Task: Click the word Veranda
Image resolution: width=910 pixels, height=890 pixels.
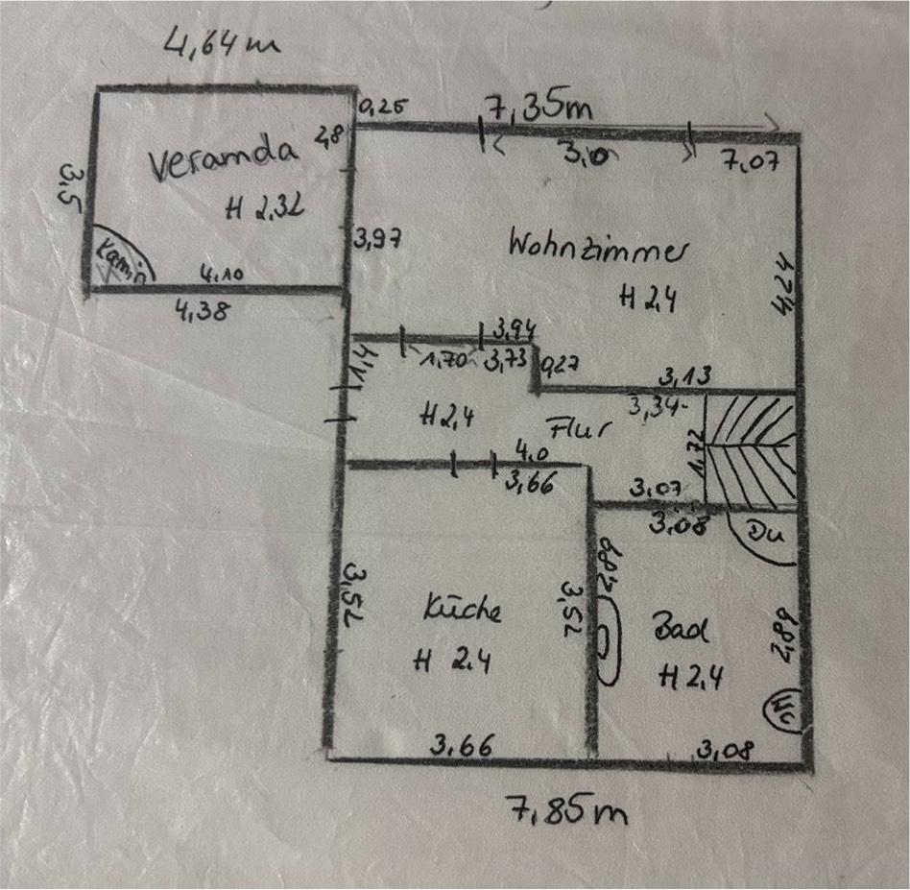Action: click(223, 160)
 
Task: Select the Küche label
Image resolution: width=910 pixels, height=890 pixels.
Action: click(463, 610)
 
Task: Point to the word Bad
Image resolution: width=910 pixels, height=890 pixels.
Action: click(681, 631)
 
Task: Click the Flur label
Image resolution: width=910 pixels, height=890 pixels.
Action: click(579, 427)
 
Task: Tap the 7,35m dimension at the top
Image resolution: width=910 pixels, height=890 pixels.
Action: click(539, 108)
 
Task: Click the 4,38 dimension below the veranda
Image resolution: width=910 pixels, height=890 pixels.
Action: click(201, 310)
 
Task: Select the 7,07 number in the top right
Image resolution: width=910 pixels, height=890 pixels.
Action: click(750, 160)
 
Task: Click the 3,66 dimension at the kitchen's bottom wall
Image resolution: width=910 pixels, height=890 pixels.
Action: click(456, 744)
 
